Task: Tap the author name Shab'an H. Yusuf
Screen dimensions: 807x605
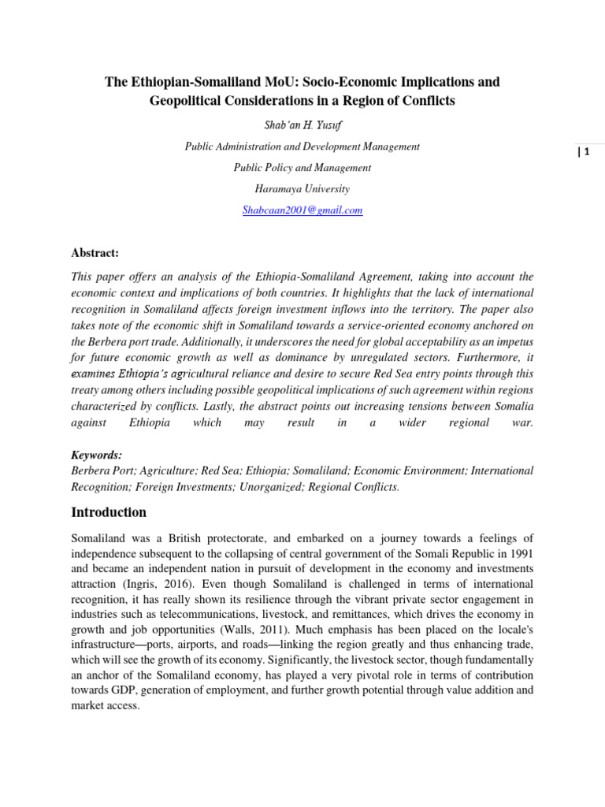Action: pyautogui.click(x=302, y=125)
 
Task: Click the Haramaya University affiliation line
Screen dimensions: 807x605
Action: pyautogui.click(x=302, y=188)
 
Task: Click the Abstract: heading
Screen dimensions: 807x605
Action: pyautogui.click(x=95, y=252)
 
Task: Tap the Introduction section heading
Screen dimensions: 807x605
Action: pyautogui.click(x=109, y=512)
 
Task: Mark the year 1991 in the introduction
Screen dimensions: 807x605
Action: pyautogui.click(x=520, y=555)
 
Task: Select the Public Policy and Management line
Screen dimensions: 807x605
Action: pyautogui.click(x=302, y=167)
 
